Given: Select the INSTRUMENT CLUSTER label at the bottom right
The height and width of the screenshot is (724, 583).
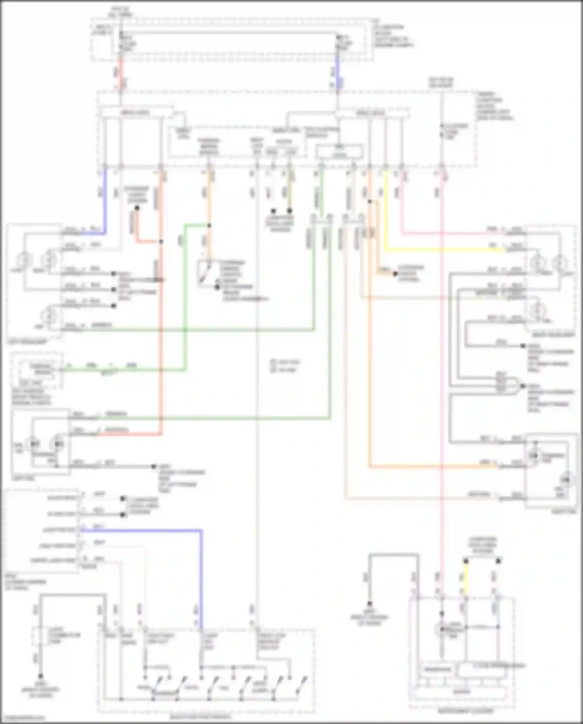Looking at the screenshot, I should coord(465,711).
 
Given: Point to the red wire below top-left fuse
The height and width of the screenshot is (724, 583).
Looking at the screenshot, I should coord(121,74).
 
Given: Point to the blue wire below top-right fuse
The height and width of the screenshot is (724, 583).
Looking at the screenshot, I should coord(337,74).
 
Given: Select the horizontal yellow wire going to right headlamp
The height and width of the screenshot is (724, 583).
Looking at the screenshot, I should coord(443,249).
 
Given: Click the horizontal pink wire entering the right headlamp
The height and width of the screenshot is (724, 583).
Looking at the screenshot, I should coord(451,234).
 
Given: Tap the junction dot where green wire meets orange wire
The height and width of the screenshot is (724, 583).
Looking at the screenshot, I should coord(209,226).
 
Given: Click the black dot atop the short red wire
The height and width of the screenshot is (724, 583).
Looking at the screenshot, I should coord(137,208).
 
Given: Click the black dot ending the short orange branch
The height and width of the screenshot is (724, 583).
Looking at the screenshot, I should coord(395,274).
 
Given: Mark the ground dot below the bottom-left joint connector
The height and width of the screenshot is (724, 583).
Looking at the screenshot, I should coord(40,677).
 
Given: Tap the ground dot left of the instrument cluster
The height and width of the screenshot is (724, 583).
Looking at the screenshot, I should coord(370,604).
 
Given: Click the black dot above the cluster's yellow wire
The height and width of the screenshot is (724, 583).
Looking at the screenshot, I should coord(466,561).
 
